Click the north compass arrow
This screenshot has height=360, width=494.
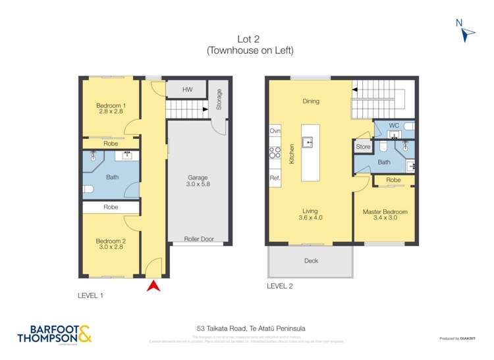click(468, 35)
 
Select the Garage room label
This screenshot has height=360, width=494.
click(198, 182)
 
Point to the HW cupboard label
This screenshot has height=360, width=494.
click(188, 89)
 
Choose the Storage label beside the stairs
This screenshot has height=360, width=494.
click(219, 99)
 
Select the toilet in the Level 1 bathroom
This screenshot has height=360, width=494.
click(90, 190)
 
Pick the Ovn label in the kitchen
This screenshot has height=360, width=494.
click(275, 132)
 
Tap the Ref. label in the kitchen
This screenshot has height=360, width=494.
click(275, 178)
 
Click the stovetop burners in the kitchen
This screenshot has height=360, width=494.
click(275, 155)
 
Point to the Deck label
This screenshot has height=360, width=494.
click(311, 261)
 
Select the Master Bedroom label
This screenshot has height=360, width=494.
click(385, 215)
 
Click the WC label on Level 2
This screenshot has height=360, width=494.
click(394, 125)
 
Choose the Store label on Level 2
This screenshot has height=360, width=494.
click(363, 147)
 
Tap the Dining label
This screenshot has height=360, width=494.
click(311, 101)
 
